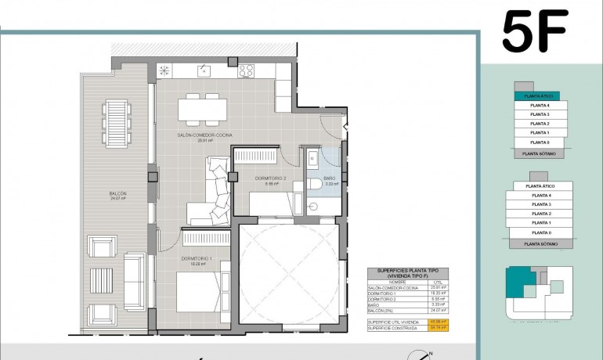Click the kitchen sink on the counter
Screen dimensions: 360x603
204,70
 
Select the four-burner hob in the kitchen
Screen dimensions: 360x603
247,70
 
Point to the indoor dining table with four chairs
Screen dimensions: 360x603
198,110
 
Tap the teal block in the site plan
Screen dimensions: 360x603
519,281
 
